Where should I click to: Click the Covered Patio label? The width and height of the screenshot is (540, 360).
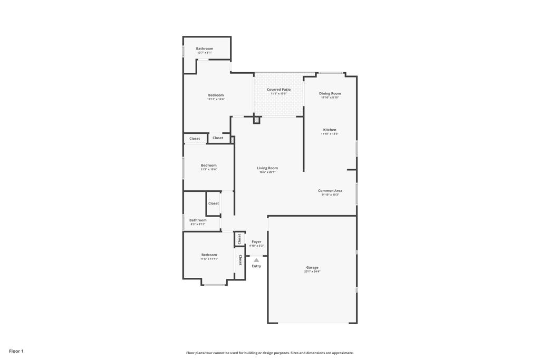tap(278, 90)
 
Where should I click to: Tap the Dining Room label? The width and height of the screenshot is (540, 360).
tap(330, 93)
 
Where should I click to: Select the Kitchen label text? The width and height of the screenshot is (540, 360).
tap(330, 130)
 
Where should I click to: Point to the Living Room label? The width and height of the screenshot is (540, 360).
tap(267, 168)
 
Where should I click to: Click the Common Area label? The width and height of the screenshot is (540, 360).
tap(330, 191)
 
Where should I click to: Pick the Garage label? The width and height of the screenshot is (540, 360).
tap(312, 267)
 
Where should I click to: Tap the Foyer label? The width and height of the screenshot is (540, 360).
tap(256, 241)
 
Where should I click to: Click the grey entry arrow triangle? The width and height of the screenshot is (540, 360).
tap(256, 260)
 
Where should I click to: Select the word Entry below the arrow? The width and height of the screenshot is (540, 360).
tap(256, 266)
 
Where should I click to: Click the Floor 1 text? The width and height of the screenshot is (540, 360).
tap(16, 351)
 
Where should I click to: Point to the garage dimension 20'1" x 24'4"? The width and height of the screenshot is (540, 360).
tap(312, 271)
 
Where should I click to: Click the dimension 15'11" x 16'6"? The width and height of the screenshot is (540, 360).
tap(216, 99)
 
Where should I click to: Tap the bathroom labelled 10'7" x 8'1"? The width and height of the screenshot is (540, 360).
tap(205, 48)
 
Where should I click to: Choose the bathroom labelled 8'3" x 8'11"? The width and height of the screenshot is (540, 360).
tap(198, 220)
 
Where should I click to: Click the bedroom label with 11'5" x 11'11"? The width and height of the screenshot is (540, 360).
tap(209, 255)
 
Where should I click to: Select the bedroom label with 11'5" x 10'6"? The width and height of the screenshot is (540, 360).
tap(209, 166)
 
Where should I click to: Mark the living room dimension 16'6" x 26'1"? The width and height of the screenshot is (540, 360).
tap(267, 172)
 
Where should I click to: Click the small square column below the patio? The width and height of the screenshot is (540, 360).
tap(257, 120)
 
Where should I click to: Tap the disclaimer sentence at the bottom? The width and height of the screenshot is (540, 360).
tap(269, 353)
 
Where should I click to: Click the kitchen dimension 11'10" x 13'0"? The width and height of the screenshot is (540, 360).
tap(330, 134)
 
